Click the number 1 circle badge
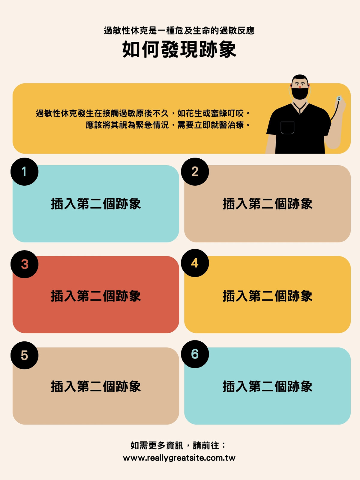25,172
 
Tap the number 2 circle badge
195,172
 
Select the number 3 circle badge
25,264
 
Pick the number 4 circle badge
195,263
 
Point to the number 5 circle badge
25,355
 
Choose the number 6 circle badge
195,354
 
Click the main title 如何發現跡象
179,49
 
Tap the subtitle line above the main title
179,31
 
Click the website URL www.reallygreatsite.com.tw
179,458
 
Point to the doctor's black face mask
300,93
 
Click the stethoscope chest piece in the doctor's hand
339,99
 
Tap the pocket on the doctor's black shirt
287,128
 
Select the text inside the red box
96,296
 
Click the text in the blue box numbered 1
96,204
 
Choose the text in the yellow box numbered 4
267,296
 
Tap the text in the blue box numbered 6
267,386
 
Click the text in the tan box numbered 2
267,204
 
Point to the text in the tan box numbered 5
96,386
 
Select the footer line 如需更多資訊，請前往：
178,445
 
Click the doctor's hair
300,78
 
